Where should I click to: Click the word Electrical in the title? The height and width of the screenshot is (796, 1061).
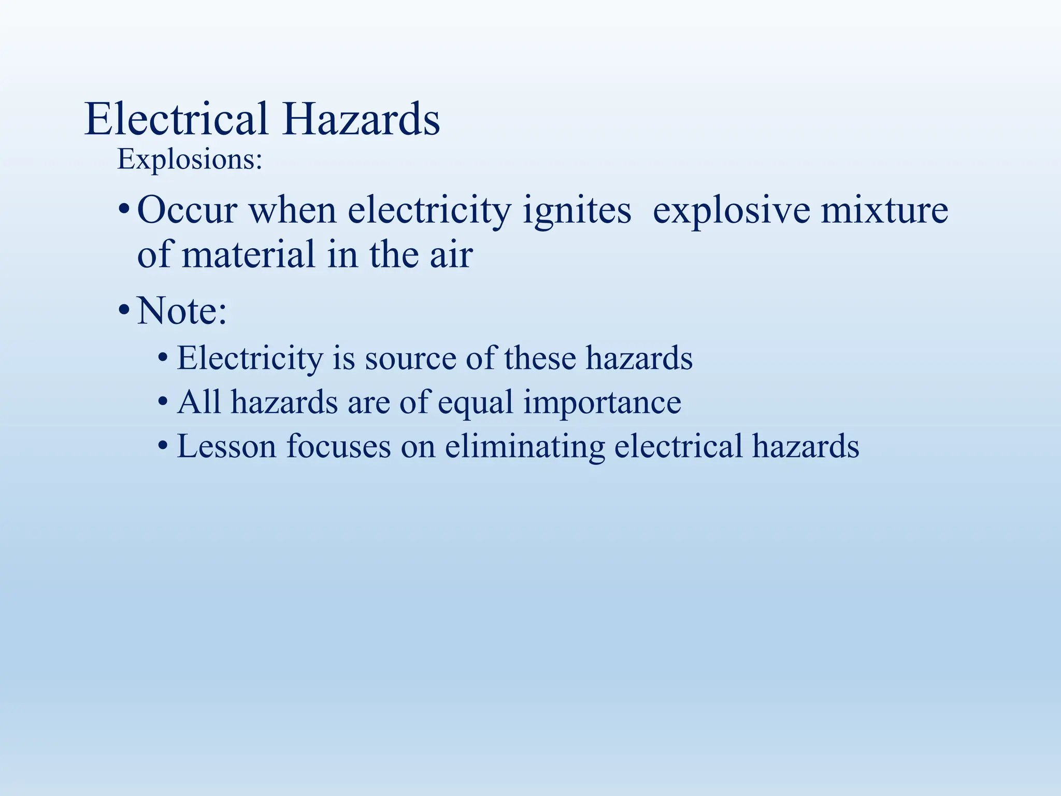point(176,120)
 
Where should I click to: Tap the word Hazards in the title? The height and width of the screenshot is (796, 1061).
point(361,120)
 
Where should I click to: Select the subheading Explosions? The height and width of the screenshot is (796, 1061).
point(190,160)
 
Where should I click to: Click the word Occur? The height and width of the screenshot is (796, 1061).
point(187,210)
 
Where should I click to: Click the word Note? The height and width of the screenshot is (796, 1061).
point(182,311)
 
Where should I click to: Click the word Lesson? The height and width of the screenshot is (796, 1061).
point(226,446)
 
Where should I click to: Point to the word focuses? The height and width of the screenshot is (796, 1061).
point(338,446)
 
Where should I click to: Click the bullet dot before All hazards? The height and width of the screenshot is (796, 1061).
point(163,402)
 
